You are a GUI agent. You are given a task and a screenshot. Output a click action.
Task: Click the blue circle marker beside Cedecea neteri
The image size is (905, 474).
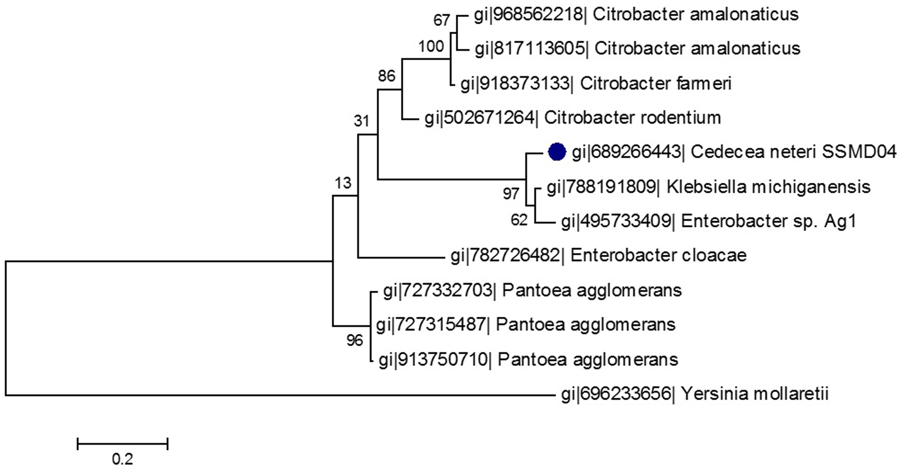click(557, 152)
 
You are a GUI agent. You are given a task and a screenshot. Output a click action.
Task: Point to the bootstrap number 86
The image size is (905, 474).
click(386, 76)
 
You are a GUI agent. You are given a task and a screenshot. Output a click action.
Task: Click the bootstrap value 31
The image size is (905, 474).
click(362, 121)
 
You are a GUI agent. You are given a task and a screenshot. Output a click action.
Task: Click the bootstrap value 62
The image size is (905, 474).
click(519, 220)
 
